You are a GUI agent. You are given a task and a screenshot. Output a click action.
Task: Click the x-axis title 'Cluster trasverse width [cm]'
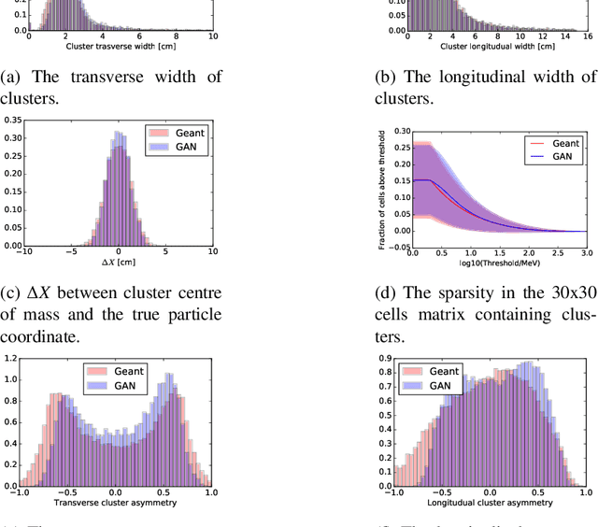tap(115, 46)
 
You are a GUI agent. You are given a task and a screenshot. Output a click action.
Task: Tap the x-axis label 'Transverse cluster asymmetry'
tap(115, 502)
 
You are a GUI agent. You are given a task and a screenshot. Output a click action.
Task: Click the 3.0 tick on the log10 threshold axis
tap(586, 252)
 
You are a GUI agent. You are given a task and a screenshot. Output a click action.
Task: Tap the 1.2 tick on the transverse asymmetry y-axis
tap(10, 359)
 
